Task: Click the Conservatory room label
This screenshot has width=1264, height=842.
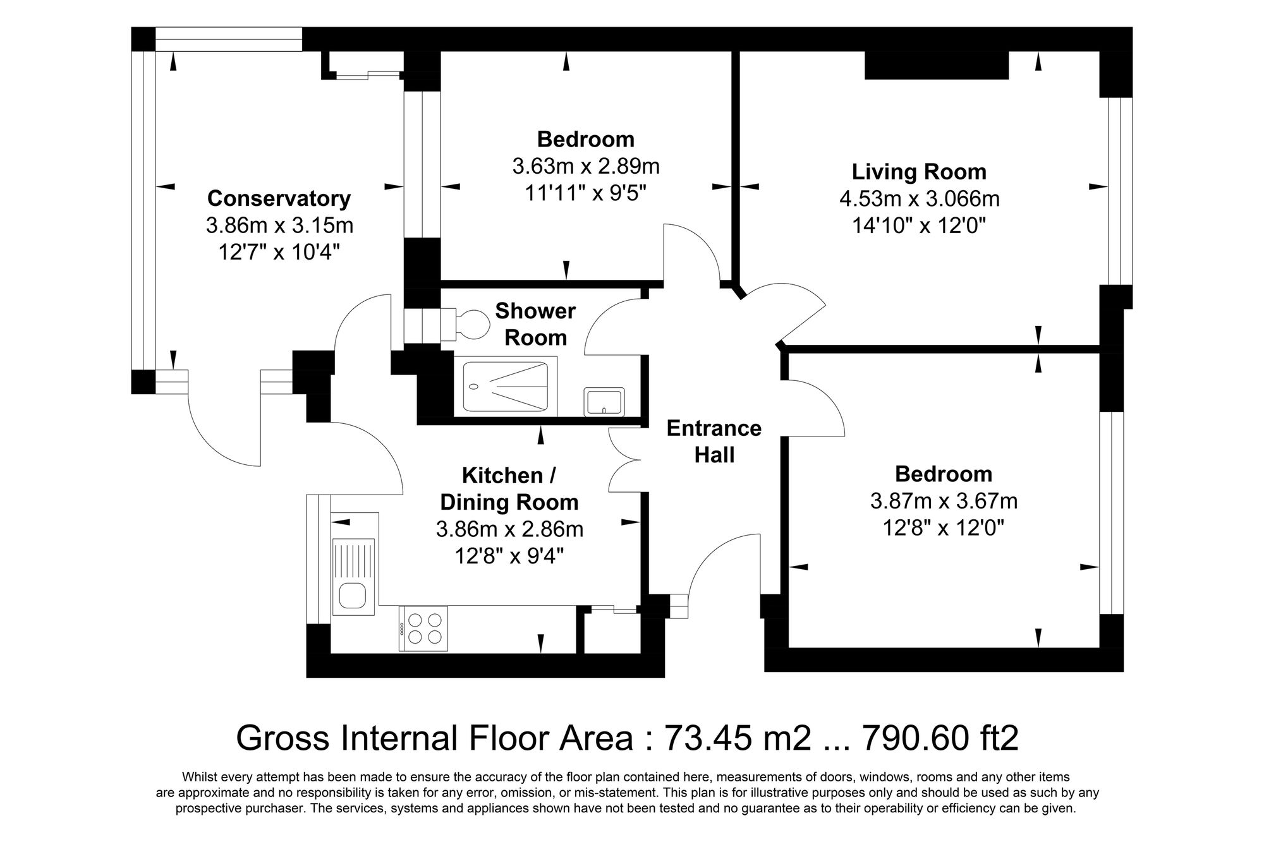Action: pyautogui.click(x=279, y=198)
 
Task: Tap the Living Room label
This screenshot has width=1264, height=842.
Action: pyautogui.click(x=919, y=172)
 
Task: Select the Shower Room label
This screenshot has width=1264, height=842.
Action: pyautogui.click(x=535, y=324)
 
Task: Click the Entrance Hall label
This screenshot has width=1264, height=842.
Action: pyautogui.click(x=714, y=442)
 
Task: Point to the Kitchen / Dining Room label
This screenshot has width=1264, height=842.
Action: pyautogui.click(x=509, y=488)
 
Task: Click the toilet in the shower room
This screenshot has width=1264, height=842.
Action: pyautogui.click(x=466, y=325)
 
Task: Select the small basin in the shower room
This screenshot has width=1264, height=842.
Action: pyautogui.click(x=604, y=401)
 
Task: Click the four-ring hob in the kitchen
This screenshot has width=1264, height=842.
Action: pyautogui.click(x=423, y=628)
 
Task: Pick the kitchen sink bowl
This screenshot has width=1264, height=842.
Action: pyautogui.click(x=352, y=595)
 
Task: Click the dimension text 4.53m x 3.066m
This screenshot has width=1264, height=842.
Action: pyautogui.click(x=919, y=199)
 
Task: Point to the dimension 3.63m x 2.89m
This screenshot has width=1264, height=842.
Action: pyautogui.click(x=586, y=166)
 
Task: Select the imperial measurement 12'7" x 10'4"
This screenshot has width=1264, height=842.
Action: pyautogui.click(x=279, y=252)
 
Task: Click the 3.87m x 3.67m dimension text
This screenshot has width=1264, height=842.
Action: pyautogui.click(x=944, y=501)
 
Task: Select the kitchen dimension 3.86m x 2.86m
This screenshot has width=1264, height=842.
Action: pyautogui.click(x=509, y=529)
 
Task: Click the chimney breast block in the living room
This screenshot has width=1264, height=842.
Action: pyautogui.click(x=936, y=65)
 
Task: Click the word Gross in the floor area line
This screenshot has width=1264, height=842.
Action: pyautogui.click(x=283, y=737)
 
